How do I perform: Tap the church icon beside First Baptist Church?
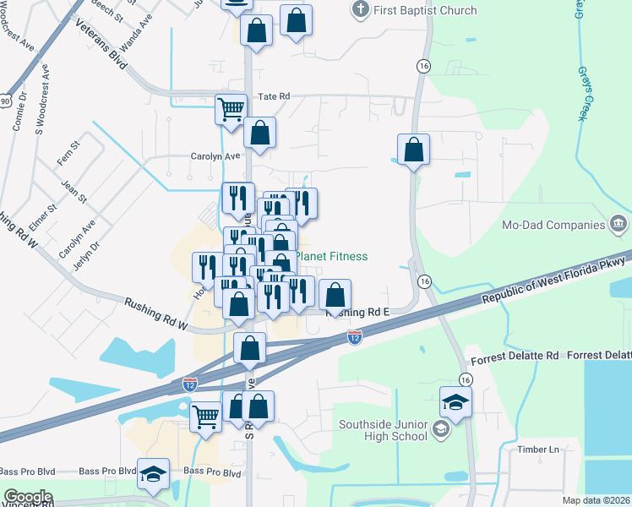pos(361,10)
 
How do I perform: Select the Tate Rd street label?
pos(274,96)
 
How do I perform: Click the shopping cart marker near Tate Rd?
pos(231,108)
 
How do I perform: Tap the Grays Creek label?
pos(582,93)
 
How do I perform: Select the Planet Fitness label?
pos(331,256)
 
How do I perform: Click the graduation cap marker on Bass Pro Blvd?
pos(153,474)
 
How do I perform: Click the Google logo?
pos(28,497)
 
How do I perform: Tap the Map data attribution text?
pos(597,500)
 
